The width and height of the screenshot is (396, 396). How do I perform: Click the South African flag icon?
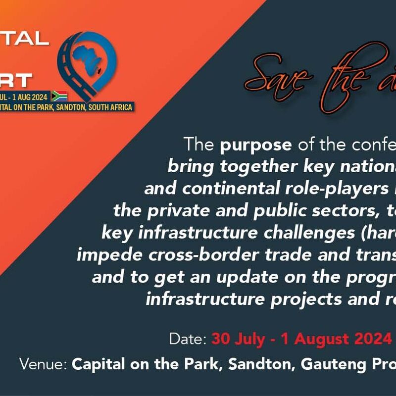tap(59, 96)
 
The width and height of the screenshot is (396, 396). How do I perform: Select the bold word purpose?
tap(256, 145)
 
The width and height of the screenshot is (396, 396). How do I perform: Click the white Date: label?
tap(188, 339)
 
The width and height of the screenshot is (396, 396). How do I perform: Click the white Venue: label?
tap(44, 364)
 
